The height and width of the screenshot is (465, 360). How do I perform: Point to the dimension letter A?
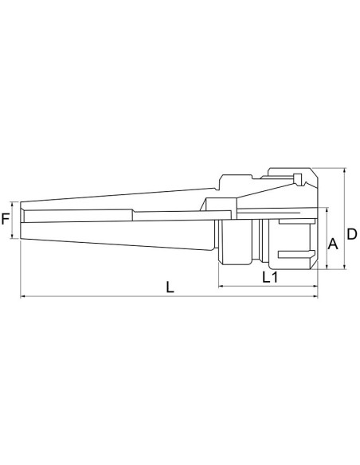coord(335,245)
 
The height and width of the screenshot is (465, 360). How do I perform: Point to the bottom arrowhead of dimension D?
coord(343,269)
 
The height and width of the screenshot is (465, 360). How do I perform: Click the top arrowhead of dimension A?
coord(325,210)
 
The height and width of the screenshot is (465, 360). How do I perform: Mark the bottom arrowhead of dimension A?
coord(325,268)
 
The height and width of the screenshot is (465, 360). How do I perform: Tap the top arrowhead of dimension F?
coord(15,201)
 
